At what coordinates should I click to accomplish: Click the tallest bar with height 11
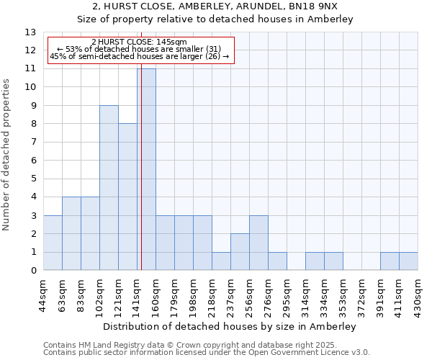146,169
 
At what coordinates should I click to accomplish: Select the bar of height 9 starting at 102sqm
109,188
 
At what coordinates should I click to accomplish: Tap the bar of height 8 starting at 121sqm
127,197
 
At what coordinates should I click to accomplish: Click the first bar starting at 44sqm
53,243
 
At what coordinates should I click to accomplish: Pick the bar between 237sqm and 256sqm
240,252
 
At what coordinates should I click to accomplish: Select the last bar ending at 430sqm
408,261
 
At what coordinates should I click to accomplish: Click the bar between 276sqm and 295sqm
277,261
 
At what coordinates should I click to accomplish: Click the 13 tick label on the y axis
30,32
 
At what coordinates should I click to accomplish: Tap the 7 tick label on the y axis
33,143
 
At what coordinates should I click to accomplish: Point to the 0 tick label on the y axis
33,271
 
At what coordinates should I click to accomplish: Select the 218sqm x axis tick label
212,295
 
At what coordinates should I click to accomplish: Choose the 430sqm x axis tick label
418,295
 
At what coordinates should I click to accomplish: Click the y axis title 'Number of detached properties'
7,156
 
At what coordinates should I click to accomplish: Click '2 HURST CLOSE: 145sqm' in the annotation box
140,42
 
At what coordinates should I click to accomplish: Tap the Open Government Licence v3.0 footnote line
207,353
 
